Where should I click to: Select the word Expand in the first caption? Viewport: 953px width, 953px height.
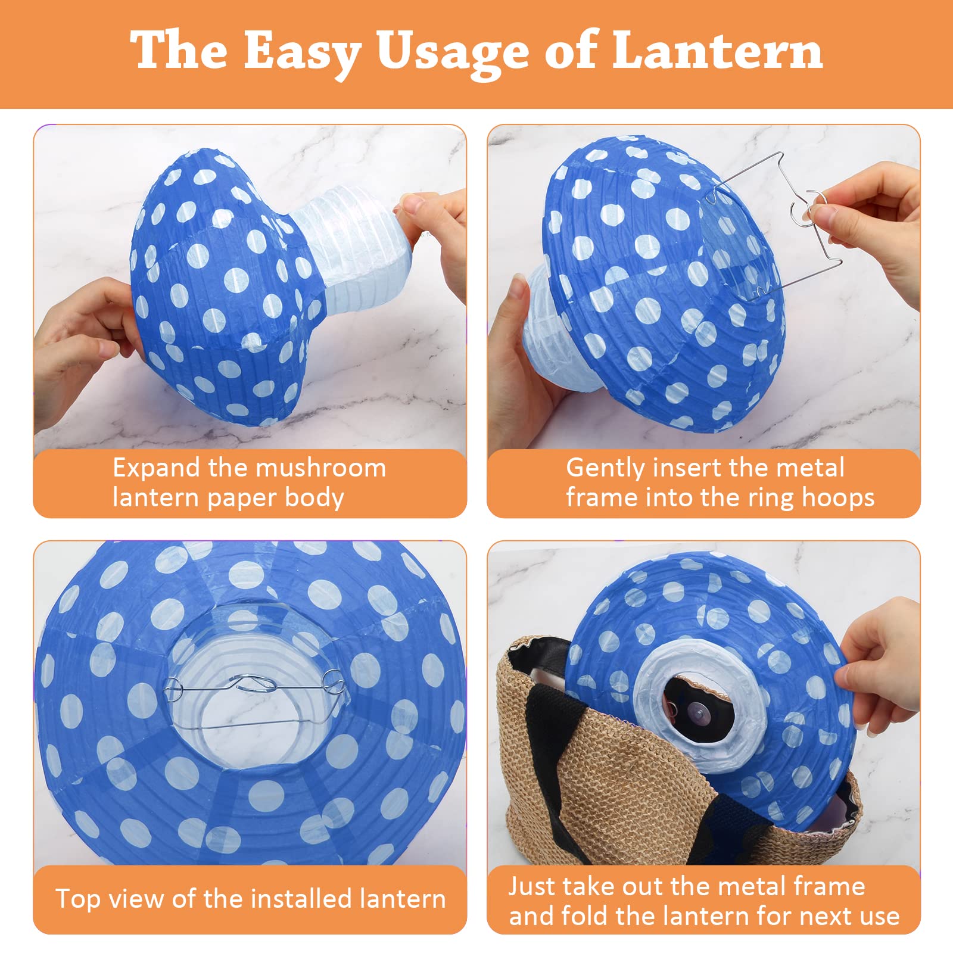[x=157, y=469]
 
